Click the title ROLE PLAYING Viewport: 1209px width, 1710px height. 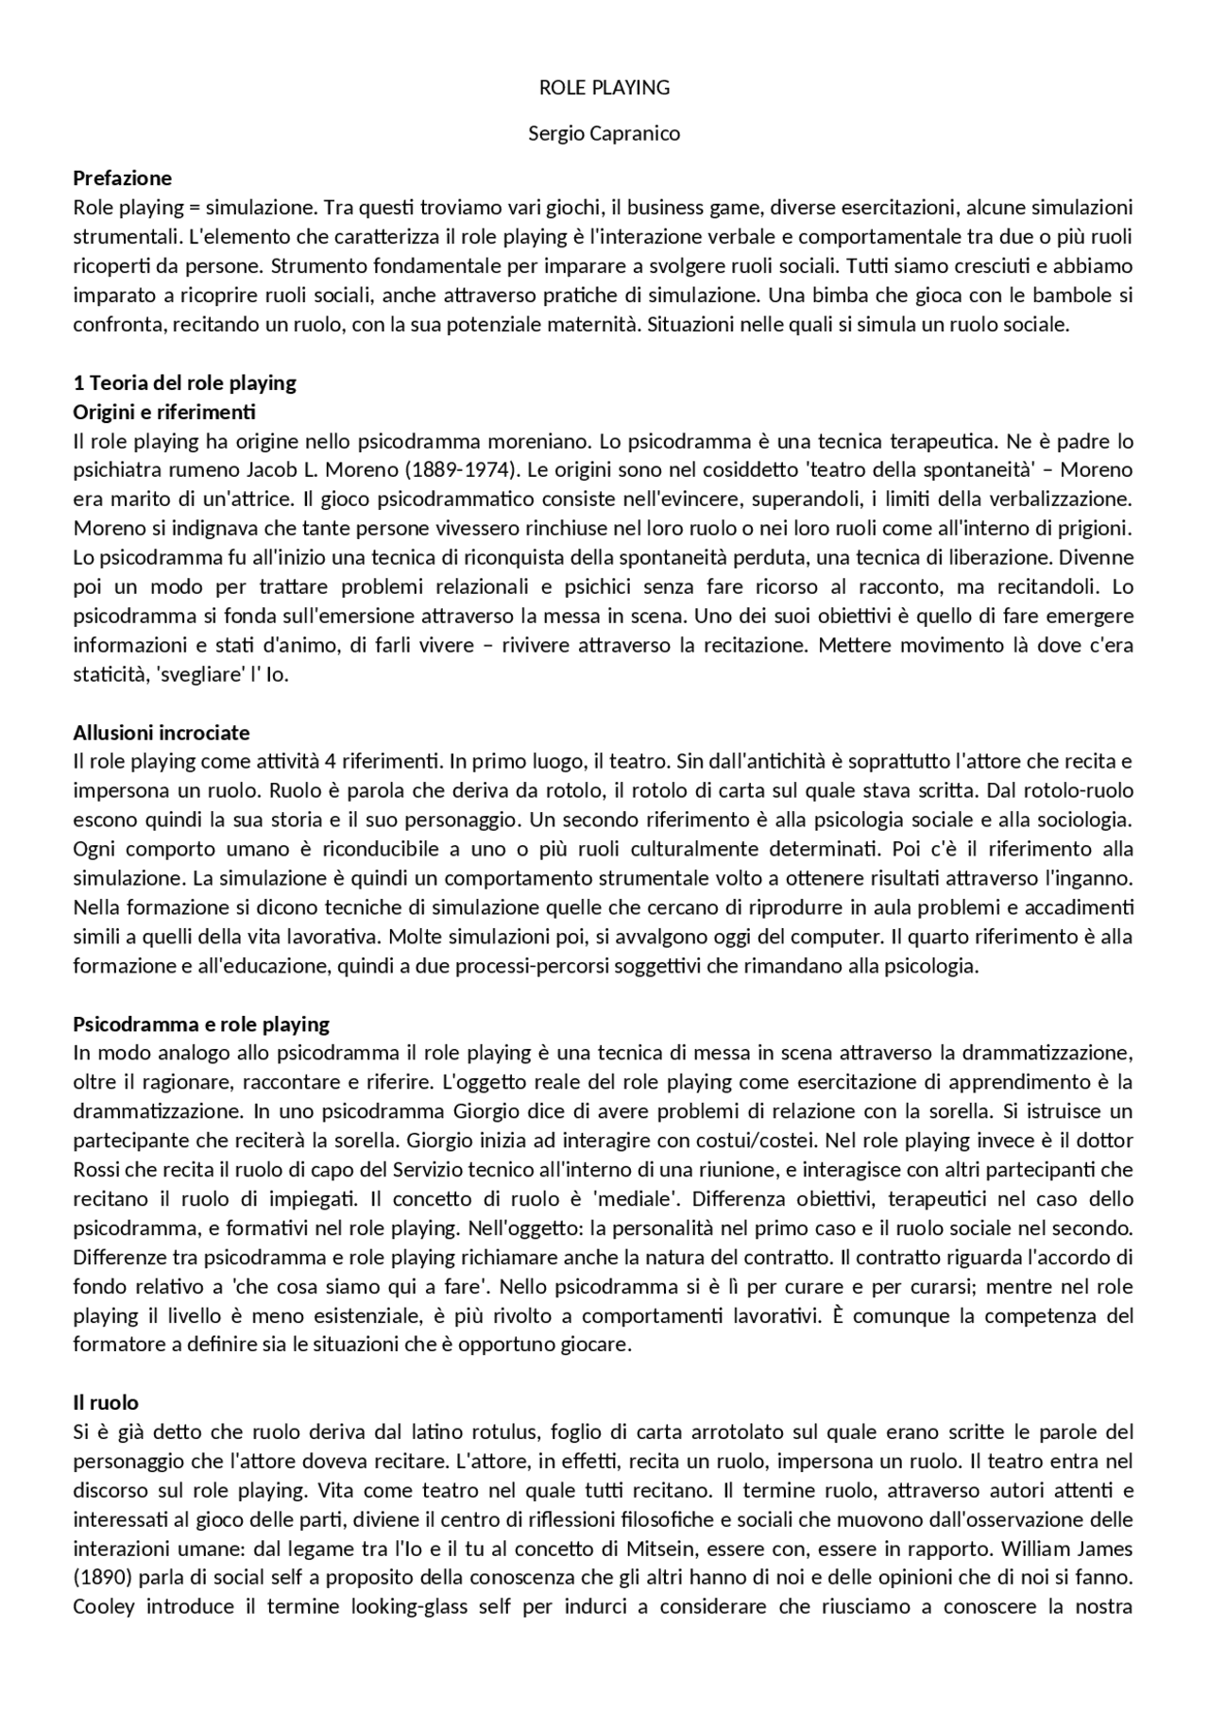pyautogui.click(x=604, y=88)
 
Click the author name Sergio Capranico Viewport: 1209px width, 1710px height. pyautogui.click(x=604, y=133)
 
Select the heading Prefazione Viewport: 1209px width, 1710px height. pyautogui.click(x=123, y=178)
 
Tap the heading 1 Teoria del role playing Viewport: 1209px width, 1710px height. pyautogui.click(x=185, y=382)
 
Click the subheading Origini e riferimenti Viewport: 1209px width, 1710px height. pyautogui.click(x=164, y=412)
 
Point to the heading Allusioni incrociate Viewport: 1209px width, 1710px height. pyautogui.click(x=162, y=733)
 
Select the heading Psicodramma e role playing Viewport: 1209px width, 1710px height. pyautogui.click(x=201, y=1024)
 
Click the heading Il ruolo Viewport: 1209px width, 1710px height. pyautogui.click(x=106, y=1402)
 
